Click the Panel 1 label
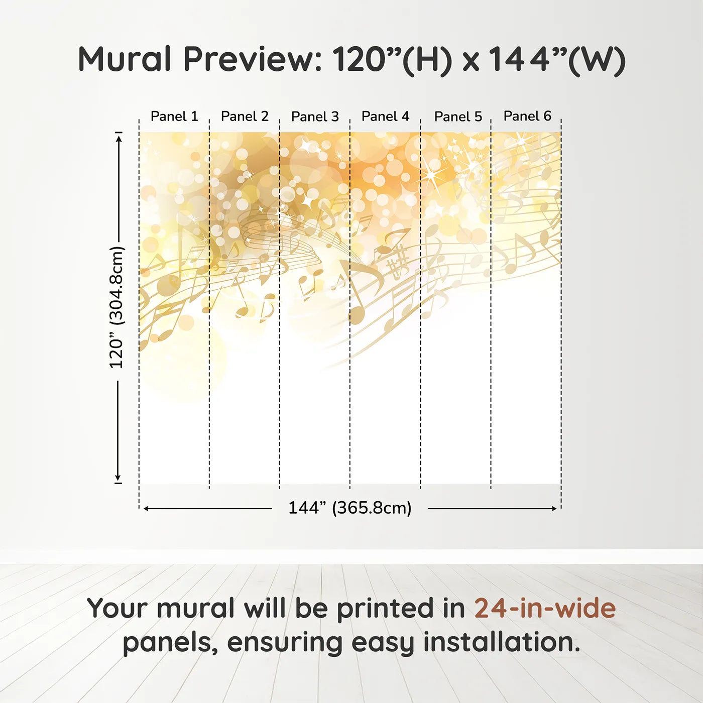(x=174, y=116)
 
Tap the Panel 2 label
(x=245, y=116)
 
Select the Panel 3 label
(x=315, y=116)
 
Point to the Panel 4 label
(x=385, y=116)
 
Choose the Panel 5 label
(x=458, y=116)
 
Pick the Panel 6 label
(x=527, y=116)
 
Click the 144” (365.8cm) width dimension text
(x=349, y=508)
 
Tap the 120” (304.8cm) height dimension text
(x=116, y=307)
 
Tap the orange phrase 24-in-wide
(x=545, y=608)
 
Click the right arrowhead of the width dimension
(x=554, y=509)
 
